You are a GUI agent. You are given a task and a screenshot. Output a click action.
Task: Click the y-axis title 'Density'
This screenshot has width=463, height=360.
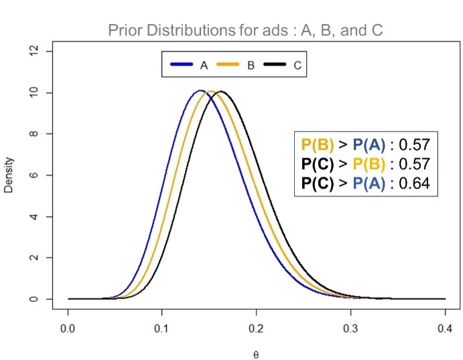(9, 175)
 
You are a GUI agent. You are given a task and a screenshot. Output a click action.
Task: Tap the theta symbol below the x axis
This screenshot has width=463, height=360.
(256, 353)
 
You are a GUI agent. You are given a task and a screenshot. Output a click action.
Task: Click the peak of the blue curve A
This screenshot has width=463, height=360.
(200, 91)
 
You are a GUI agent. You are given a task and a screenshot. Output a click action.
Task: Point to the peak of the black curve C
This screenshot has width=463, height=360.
(220, 91)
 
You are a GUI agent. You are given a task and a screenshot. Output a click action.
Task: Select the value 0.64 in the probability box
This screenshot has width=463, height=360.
(414, 182)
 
